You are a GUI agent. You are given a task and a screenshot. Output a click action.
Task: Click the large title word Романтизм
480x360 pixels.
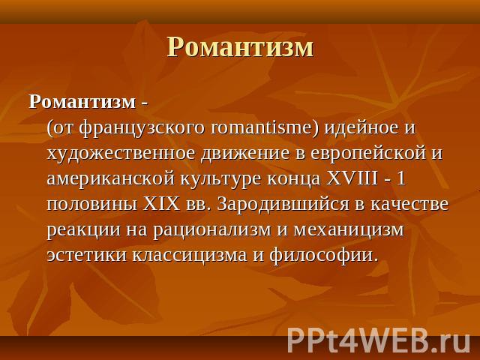(x=240, y=46)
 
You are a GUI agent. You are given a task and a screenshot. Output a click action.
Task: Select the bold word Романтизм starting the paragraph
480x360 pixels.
(x=82, y=102)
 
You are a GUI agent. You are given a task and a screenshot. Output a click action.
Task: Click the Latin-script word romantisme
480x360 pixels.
(x=262, y=127)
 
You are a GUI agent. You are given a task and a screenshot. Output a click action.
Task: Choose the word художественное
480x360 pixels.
(x=121, y=153)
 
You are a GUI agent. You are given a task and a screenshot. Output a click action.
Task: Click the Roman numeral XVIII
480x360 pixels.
(x=352, y=178)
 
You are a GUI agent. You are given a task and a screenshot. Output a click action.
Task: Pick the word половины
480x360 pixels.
(x=92, y=205)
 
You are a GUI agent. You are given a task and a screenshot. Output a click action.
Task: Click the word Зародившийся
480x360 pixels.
(x=283, y=205)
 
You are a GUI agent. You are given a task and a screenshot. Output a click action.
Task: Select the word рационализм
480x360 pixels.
(x=212, y=230)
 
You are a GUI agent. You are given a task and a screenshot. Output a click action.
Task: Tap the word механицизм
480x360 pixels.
(x=349, y=230)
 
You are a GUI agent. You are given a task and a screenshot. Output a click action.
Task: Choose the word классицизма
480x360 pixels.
(x=190, y=256)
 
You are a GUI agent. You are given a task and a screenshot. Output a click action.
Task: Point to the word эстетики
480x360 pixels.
(x=87, y=256)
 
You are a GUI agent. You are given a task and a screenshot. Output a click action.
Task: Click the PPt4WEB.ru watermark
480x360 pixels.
(x=379, y=341)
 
